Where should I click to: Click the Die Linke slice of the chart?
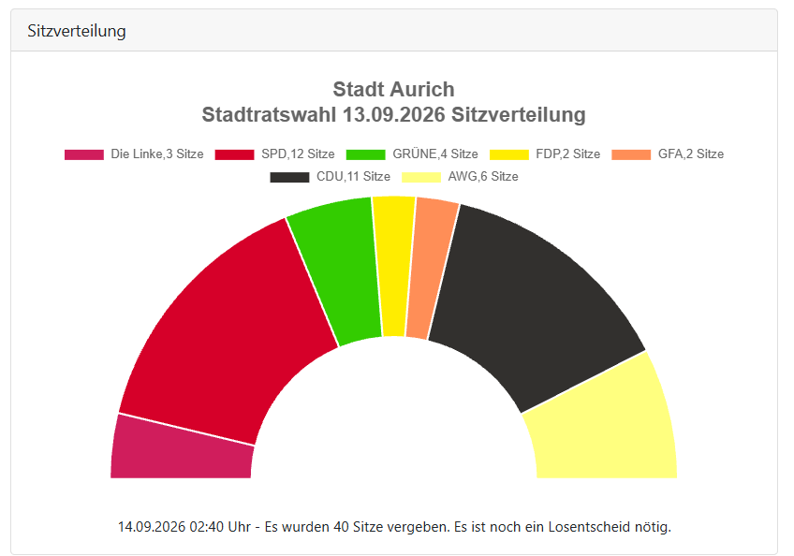[183, 448]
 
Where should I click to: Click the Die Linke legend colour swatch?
[84, 154]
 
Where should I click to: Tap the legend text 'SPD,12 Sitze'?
[298, 154]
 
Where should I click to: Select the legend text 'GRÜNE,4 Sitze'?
[435, 154]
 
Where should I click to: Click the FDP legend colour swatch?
[509, 154]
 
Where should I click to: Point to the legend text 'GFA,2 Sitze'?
[691, 154]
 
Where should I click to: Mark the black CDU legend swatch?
[289, 177]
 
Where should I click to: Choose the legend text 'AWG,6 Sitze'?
[483, 177]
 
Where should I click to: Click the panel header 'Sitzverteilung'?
[77, 31]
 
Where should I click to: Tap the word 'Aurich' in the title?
[422, 90]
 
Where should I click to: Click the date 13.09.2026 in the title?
[394, 115]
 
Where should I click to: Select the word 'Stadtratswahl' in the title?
[269, 115]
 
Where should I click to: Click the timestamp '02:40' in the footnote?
[207, 527]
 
